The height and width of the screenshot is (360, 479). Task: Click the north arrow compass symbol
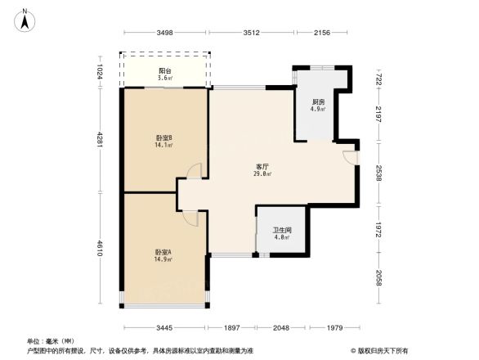[x=25, y=19]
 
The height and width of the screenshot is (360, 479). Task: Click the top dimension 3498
[x=165, y=33]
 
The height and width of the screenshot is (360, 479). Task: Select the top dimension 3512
[x=251, y=33]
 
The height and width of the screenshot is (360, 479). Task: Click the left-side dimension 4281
[x=99, y=140]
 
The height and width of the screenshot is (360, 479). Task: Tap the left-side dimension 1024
[x=99, y=72]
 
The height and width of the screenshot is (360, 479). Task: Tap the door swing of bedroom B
[x=194, y=170]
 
